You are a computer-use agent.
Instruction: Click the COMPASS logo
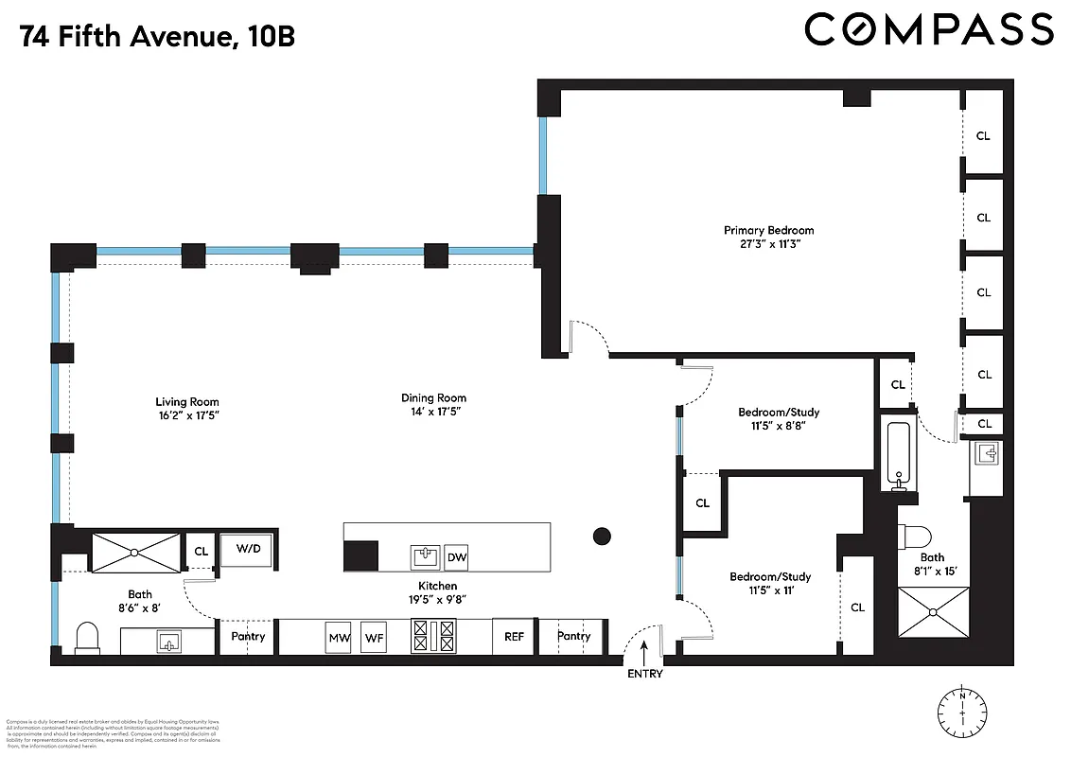point(928,29)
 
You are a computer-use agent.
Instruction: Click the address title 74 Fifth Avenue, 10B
point(157,38)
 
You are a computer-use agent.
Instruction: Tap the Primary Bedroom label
point(768,230)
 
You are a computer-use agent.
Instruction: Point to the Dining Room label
point(433,398)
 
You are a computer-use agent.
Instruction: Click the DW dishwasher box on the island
point(457,557)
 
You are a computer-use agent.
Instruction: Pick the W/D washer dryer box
point(248,549)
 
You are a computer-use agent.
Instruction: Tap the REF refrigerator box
point(514,637)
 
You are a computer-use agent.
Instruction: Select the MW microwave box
point(339,637)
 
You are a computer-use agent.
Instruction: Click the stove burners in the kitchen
point(433,636)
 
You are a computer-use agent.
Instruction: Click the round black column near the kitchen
point(602,537)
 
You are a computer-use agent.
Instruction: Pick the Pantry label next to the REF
point(573,636)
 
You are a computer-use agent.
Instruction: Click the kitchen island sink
point(423,556)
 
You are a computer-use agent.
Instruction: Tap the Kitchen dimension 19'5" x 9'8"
point(435,598)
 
